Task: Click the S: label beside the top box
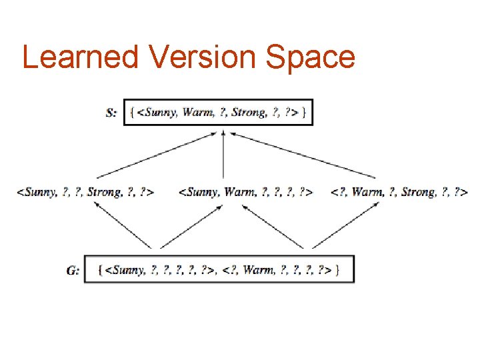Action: coord(111,113)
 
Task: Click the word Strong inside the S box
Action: coord(248,113)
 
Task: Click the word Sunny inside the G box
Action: coord(126,270)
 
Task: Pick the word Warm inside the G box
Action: coord(258,270)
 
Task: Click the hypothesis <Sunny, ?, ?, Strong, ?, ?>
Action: coord(85,192)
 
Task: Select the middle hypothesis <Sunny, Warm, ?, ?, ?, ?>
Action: coord(246,192)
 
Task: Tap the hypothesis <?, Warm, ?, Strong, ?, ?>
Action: coord(399,192)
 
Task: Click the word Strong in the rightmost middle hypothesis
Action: coord(418,192)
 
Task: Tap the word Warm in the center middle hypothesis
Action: coord(239,192)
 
